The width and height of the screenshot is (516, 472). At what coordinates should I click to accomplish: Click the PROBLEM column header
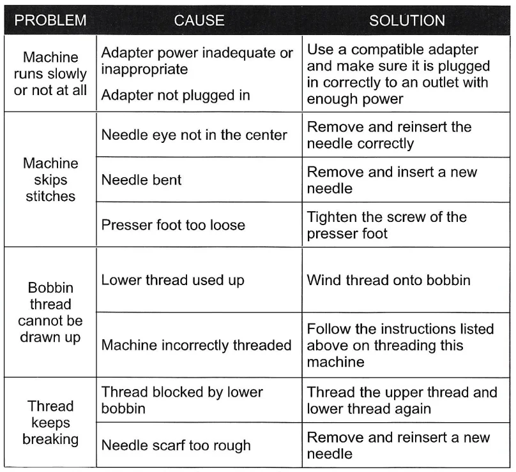coord(50,20)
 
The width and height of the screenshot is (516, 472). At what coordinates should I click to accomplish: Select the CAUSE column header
coord(199,20)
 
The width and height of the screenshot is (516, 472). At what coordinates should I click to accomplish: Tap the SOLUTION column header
coord(407,20)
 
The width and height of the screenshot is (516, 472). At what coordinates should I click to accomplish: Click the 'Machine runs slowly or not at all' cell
coord(50,74)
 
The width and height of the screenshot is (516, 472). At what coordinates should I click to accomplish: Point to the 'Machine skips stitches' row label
coord(50,180)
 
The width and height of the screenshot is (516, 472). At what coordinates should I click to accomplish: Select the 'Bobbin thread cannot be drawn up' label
coord(50,312)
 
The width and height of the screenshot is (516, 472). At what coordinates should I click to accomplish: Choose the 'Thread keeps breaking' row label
coord(50,422)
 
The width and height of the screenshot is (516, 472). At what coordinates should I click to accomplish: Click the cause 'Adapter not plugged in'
coord(176,95)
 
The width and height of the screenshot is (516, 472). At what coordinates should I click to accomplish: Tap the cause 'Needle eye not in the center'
coord(195,135)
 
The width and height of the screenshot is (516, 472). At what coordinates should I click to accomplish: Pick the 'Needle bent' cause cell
coord(142,180)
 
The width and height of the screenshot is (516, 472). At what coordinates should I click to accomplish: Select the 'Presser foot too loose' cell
coord(173,225)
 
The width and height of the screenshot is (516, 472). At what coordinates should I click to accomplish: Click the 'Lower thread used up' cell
coord(172,280)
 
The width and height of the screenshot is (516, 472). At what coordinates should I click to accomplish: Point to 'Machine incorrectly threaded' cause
coord(197,345)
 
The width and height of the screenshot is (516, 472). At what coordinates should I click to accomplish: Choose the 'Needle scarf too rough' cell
coord(176,445)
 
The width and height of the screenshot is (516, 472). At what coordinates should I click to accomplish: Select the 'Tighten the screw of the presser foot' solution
coord(387,225)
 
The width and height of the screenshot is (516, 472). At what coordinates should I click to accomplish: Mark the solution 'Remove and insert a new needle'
coord(392,180)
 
